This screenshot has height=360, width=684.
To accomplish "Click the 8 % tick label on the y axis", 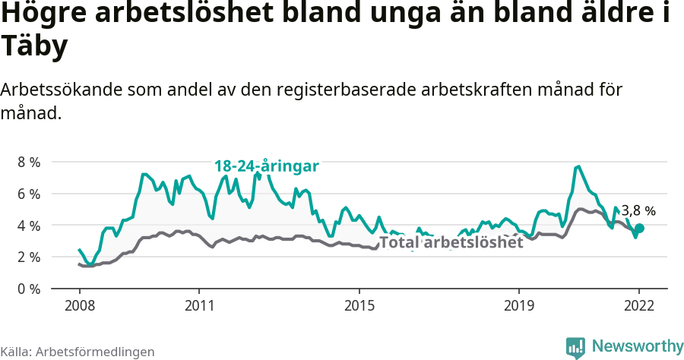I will tap(29, 162).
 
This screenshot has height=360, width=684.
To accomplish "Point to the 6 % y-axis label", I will tap(29, 194).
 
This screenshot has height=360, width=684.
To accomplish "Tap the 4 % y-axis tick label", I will tap(29, 226).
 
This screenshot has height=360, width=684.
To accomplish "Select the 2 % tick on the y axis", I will tap(29, 257).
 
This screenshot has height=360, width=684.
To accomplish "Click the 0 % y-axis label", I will tap(29, 289).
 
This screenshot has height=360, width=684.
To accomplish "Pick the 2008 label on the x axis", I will tap(80, 306).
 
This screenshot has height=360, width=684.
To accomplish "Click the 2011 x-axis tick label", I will tap(199, 306).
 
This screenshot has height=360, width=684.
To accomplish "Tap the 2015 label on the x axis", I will tap(359, 306).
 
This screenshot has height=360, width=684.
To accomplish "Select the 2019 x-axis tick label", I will tap(519, 306).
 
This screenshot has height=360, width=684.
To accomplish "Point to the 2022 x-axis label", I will tap(639, 306).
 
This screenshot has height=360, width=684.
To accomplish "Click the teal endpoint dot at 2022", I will tap(640, 228).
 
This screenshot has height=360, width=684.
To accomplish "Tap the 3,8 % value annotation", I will tap(638, 211).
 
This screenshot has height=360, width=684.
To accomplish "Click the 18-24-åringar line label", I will tap(266, 166).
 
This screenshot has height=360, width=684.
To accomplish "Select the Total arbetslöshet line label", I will tap(451, 242).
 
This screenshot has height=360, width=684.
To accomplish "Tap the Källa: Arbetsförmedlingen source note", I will tap(78, 352).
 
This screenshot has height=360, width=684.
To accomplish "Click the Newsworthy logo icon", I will tap(575, 348).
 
